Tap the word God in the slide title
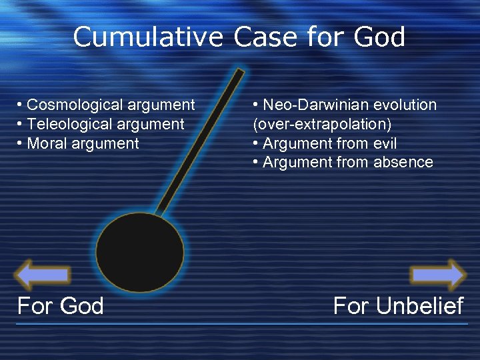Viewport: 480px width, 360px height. [380, 37]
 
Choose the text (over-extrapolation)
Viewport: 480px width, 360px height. [322, 124]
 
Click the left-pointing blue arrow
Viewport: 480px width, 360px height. [42, 275]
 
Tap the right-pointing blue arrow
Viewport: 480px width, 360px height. [438, 275]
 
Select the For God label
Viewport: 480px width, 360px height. [61, 306]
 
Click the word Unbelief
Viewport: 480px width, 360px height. [419, 306]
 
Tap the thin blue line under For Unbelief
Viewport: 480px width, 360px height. [400, 324]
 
